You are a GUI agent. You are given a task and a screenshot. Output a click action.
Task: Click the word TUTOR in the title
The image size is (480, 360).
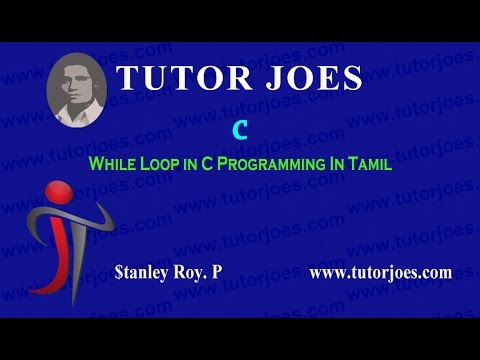[181, 77]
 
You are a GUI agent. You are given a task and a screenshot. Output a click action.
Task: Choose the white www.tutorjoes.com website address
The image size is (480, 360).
[381, 271]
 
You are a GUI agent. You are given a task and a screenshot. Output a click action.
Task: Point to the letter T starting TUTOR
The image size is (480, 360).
[127, 77]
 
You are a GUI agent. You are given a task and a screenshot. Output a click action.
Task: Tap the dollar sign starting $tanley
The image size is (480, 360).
[120, 271]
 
